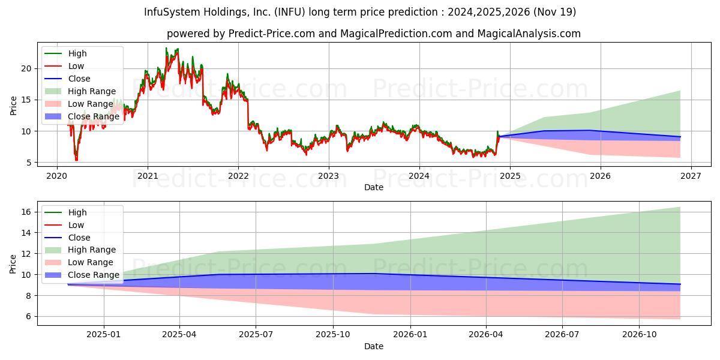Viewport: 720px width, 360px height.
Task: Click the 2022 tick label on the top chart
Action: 238,176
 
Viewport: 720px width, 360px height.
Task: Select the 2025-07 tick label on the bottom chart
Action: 256,335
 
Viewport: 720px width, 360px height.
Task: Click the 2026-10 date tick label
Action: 639,335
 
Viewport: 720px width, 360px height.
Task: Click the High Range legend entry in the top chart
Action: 80,91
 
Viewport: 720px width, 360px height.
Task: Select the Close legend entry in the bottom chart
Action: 67,238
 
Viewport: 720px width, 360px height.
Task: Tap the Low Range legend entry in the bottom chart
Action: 79,262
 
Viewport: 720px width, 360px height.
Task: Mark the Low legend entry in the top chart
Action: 64,66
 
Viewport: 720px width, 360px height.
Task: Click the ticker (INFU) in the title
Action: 289,12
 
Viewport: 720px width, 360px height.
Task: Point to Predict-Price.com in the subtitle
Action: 272,34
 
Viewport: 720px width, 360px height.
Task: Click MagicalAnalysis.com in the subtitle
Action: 529,34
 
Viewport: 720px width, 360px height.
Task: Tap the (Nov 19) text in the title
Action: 554,12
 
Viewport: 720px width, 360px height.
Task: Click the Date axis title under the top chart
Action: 374,187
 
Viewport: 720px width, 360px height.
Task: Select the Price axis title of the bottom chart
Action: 13,264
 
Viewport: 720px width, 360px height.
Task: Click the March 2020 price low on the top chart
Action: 76,160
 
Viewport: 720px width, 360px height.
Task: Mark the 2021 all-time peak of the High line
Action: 166,48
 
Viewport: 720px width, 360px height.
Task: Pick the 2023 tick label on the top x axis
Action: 329,176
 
